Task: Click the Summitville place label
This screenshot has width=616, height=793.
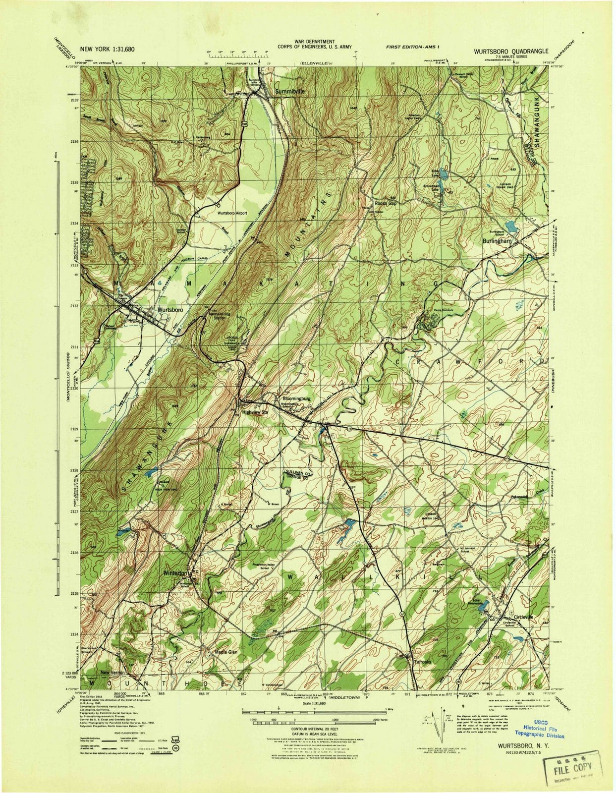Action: pyautogui.click(x=290, y=92)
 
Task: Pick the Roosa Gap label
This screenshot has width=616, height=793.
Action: pyautogui.click(x=386, y=203)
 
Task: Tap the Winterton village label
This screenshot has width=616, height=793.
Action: pyautogui.click(x=175, y=573)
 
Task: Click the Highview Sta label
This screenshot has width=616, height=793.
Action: pyautogui.click(x=255, y=412)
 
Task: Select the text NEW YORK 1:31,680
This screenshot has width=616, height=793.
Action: pyautogui.click(x=108, y=49)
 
